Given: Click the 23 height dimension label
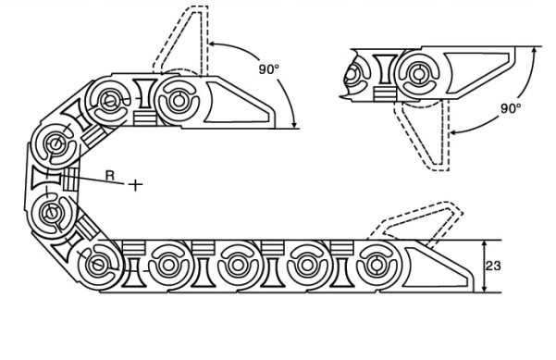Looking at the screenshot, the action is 493,266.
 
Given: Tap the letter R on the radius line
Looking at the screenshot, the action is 111,175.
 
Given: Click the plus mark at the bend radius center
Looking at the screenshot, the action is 135,185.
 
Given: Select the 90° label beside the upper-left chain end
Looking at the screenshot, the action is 269,69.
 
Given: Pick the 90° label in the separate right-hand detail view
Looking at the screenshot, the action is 511,108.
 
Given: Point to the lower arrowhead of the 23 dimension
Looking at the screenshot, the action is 485,289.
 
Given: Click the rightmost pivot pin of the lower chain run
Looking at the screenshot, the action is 377,266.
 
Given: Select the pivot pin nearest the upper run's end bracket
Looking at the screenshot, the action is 179,100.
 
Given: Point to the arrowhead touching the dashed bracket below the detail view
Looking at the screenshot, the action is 454,133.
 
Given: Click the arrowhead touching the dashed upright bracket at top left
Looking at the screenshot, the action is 213,44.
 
